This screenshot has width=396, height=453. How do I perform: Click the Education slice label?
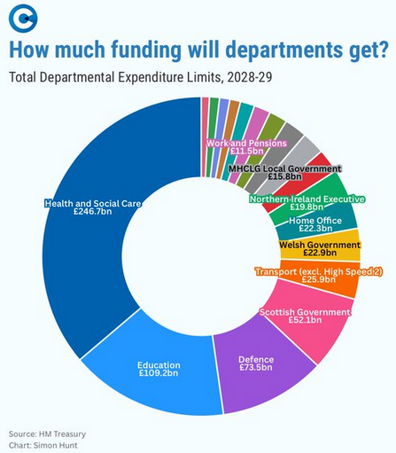[159, 364]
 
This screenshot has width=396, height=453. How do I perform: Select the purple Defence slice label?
[256, 359]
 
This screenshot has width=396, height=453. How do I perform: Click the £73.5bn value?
[256, 369]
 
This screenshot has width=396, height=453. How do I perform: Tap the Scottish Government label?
[305, 311]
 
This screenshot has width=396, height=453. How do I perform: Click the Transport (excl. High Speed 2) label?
[307, 270]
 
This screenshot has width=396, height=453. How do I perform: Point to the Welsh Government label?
[319, 245]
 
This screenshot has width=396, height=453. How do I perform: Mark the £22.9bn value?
[319, 254]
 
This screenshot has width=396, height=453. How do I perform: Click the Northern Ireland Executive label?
[307, 199]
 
